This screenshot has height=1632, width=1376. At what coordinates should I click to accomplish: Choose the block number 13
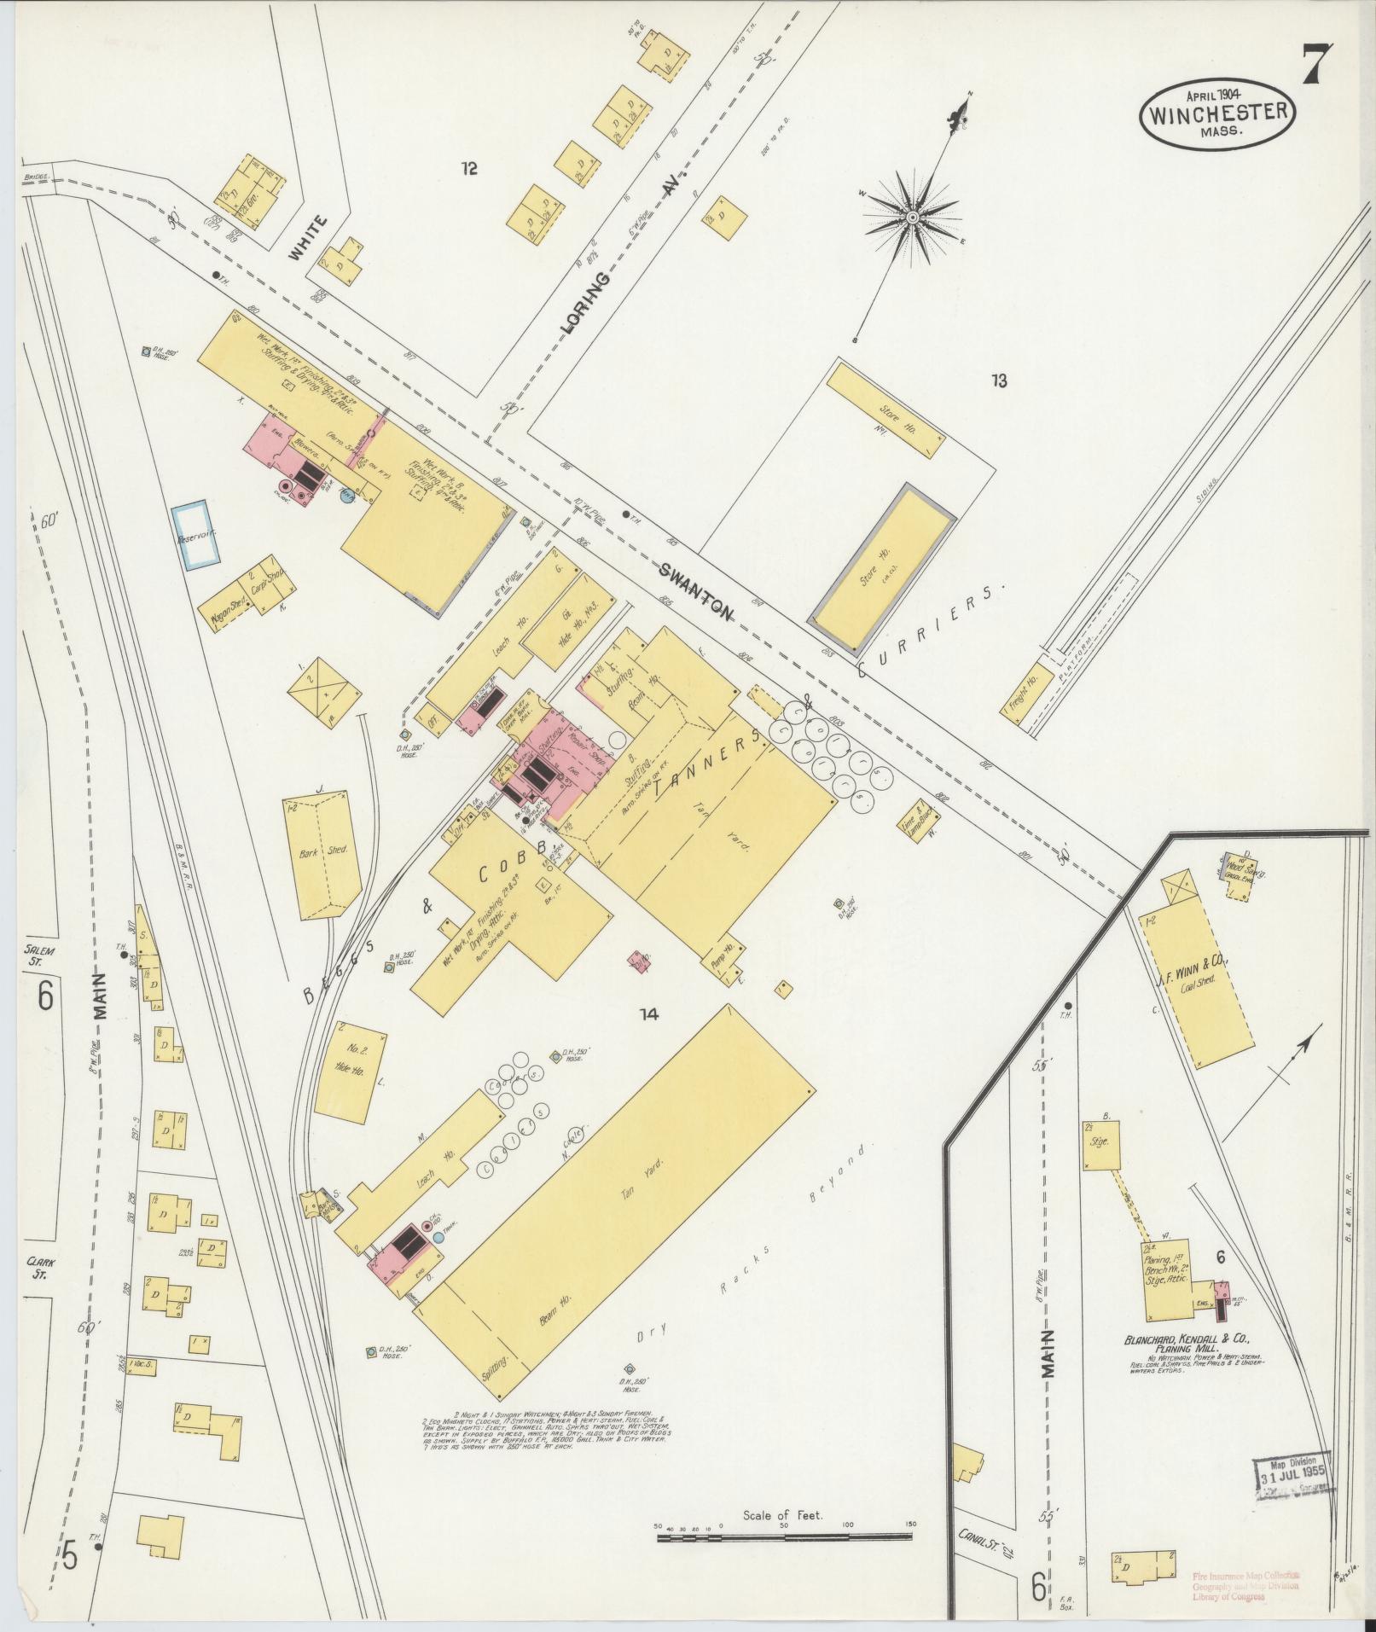(x=999, y=380)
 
